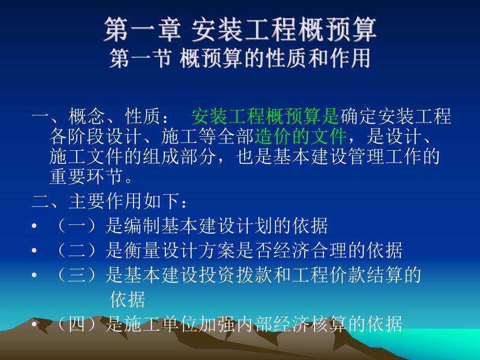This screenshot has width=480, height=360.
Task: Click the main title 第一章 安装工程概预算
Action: pos(239,30)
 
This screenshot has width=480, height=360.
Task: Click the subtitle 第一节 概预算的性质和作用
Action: pos(239,58)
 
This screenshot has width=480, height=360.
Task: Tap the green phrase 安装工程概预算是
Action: pos(265,116)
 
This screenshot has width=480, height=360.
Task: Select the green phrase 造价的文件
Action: pos(301,137)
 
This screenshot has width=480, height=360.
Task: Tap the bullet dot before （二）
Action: pos(34,251)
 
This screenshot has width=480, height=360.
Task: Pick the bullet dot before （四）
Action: pos(34,326)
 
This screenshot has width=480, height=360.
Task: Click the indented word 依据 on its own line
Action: pos(127,300)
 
